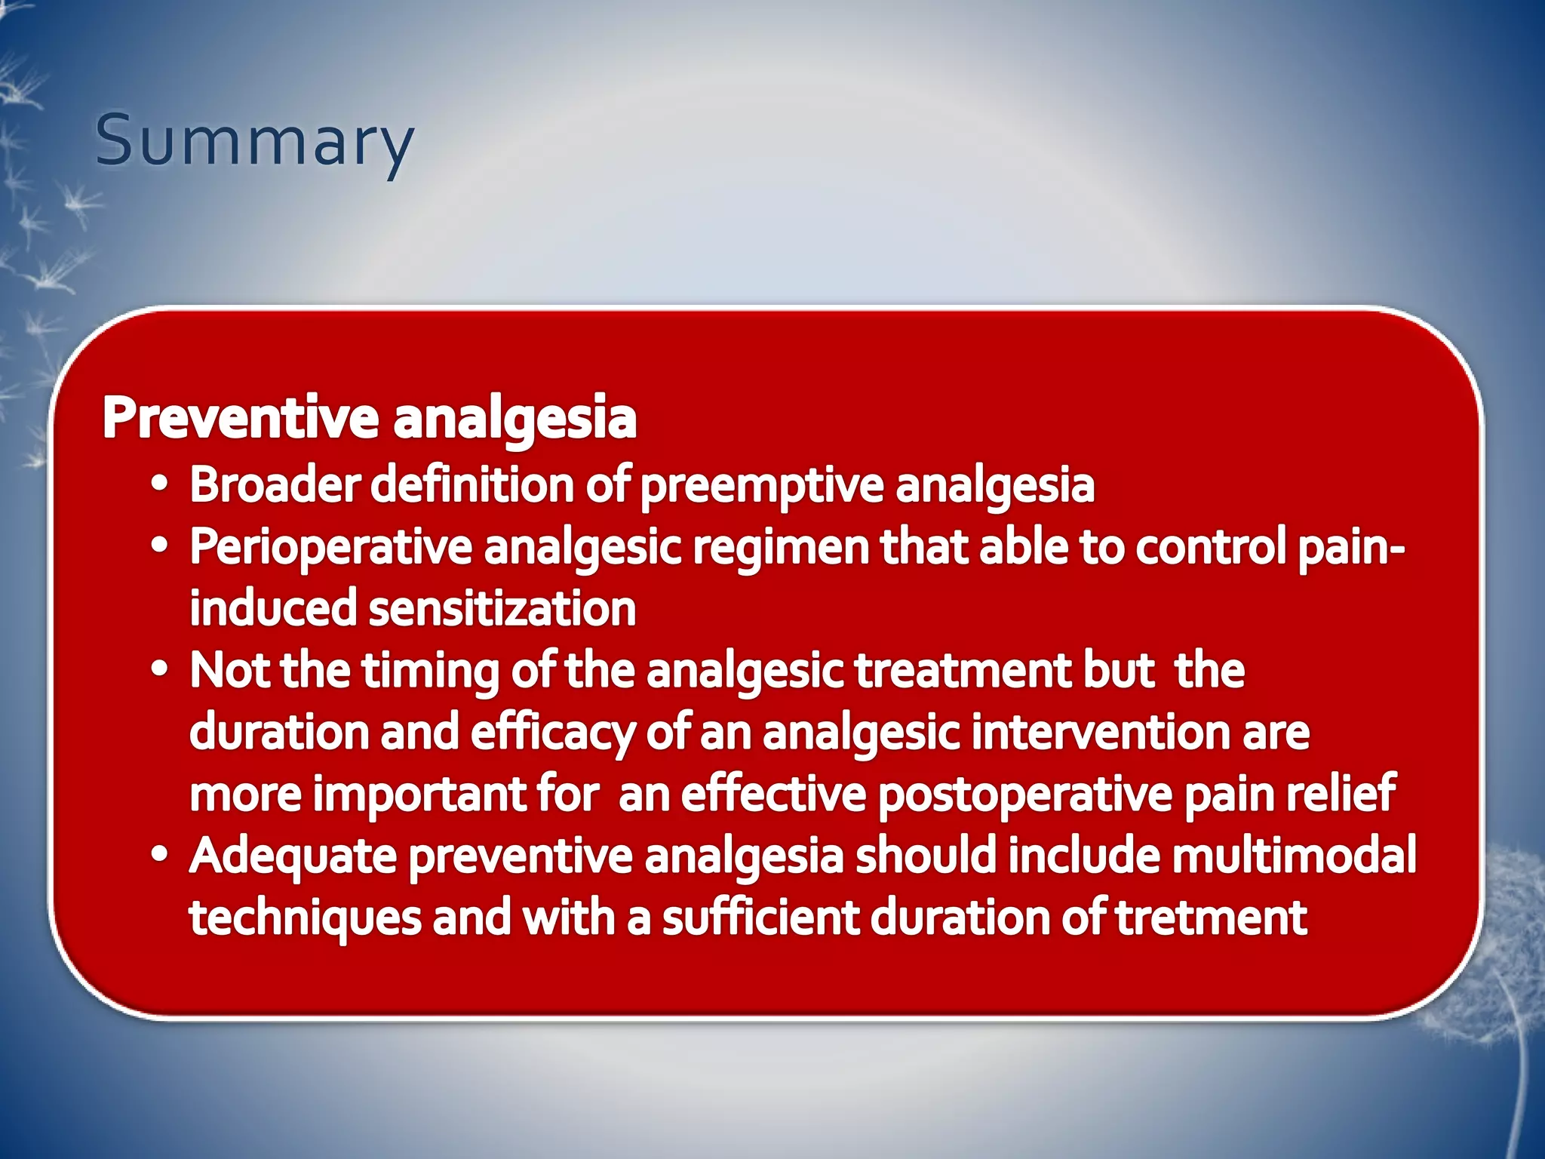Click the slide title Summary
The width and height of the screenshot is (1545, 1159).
click(x=254, y=141)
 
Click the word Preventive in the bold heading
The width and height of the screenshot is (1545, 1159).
click(x=240, y=417)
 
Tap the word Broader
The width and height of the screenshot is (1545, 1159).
click(x=275, y=484)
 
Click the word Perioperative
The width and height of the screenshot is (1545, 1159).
click(x=330, y=548)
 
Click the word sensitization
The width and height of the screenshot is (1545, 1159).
click(x=502, y=608)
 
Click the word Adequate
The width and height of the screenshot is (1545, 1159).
click(x=293, y=857)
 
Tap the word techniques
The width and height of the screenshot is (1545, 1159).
click(x=305, y=919)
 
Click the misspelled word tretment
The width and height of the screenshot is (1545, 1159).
click(x=1210, y=918)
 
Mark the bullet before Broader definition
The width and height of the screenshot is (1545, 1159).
click(x=159, y=485)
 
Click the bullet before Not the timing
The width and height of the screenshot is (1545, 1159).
click(x=159, y=671)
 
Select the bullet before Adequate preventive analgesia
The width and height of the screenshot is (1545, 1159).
click(x=159, y=856)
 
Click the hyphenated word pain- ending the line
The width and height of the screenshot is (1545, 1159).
click(x=1351, y=548)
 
